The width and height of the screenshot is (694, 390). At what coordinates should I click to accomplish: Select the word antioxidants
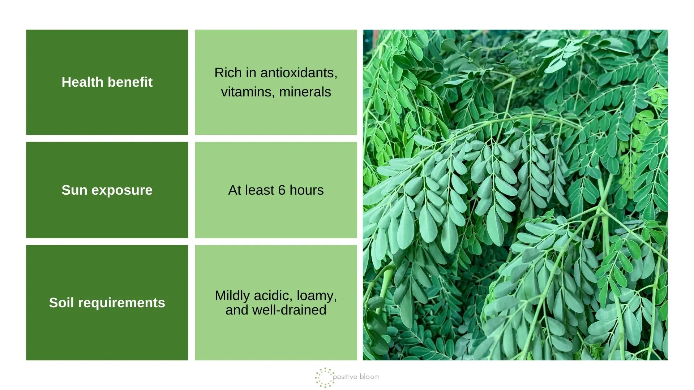click(298, 73)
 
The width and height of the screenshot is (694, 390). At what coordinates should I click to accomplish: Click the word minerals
click(305, 92)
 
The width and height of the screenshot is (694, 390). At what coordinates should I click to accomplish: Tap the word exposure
click(122, 190)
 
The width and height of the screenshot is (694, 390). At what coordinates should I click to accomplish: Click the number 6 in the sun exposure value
click(282, 190)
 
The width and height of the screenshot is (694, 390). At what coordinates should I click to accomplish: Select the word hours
click(307, 190)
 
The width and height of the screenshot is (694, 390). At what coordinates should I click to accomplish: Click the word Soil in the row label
click(61, 303)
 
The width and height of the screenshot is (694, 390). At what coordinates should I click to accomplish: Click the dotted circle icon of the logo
click(324, 377)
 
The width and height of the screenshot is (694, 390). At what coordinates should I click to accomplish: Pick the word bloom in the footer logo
click(369, 377)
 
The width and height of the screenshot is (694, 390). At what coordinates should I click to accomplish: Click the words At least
click(251, 190)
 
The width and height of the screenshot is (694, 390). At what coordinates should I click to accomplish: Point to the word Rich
click(228, 73)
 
